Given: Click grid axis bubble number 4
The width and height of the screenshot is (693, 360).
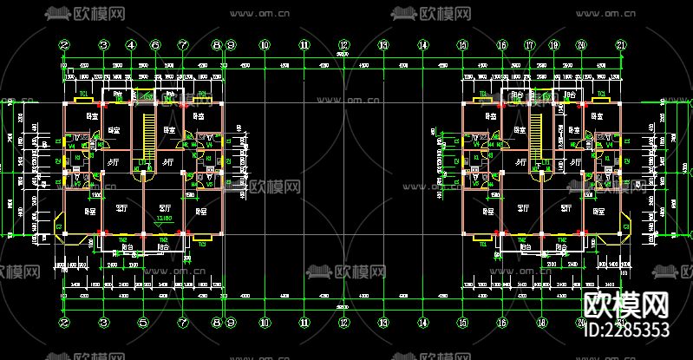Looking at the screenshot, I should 131,45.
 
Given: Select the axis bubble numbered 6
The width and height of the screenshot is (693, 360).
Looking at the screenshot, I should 156,45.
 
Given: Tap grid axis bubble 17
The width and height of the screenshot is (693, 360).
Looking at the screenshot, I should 528,45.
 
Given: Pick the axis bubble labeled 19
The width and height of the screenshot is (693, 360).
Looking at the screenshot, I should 554,45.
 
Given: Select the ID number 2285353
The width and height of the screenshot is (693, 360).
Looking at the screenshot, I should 627,330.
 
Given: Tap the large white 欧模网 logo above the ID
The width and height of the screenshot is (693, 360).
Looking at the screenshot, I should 626,304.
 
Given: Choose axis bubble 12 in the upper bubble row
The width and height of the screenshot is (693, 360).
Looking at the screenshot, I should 343,45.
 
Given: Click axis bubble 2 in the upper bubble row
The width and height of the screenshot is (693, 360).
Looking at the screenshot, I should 64,45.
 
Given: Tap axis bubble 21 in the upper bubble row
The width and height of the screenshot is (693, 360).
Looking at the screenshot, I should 619,45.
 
